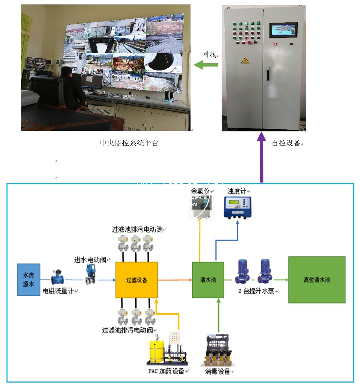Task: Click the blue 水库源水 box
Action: [x=28, y=280]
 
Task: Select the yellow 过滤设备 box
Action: [x=136, y=280]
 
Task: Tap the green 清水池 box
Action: [x=208, y=280]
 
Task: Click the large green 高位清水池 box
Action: [x=317, y=280]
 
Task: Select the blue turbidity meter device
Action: [x=237, y=207]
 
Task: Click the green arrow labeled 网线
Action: [x=206, y=65]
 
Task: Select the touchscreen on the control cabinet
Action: [x=283, y=30]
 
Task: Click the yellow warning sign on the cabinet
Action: [x=245, y=61]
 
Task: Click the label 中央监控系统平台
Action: [x=129, y=143]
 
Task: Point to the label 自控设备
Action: [x=286, y=143]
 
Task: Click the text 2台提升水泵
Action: [x=257, y=291]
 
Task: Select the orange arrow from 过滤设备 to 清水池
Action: [x=175, y=280]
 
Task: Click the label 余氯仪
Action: [x=200, y=191]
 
